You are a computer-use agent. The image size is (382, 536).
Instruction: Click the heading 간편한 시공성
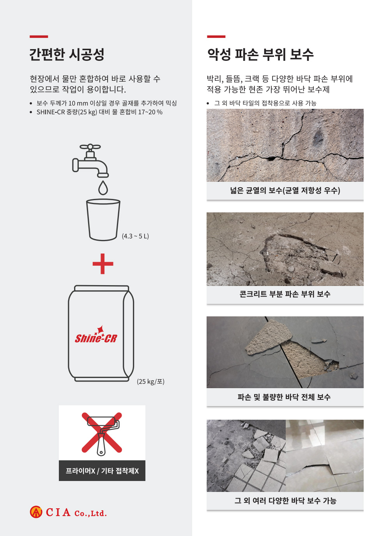tap(67, 55)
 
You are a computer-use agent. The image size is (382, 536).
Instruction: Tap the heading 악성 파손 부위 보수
tap(260, 55)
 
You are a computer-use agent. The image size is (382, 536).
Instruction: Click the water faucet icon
tap(90, 161)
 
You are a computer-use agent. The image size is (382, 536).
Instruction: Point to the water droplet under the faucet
tap(103, 188)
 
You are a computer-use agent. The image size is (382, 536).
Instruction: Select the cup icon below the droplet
tap(103, 220)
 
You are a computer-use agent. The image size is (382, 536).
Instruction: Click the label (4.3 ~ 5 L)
tap(135, 236)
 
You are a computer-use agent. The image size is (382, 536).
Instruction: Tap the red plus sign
tap(103, 264)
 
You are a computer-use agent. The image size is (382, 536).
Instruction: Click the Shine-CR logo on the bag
tap(96, 335)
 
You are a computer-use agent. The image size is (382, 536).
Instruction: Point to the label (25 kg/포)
tap(150, 382)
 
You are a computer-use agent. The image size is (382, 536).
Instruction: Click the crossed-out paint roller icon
tap(102, 433)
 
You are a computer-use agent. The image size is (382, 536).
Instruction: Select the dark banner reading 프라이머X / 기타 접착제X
tap(102, 471)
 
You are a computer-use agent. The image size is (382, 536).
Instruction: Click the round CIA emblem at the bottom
tap(36, 512)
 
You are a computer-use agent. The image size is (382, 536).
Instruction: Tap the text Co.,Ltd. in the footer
tap(90, 513)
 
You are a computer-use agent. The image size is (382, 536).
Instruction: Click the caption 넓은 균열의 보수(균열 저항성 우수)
tap(285, 190)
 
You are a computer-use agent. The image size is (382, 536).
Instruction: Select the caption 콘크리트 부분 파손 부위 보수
tap(285, 294)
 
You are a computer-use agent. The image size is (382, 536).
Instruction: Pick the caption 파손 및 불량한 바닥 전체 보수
tap(284, 397)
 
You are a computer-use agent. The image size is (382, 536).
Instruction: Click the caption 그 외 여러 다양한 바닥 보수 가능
tap(285, 501)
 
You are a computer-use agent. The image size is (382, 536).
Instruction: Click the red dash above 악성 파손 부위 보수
tap(216, 37)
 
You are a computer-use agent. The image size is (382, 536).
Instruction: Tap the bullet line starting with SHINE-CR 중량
tap(99, 112)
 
